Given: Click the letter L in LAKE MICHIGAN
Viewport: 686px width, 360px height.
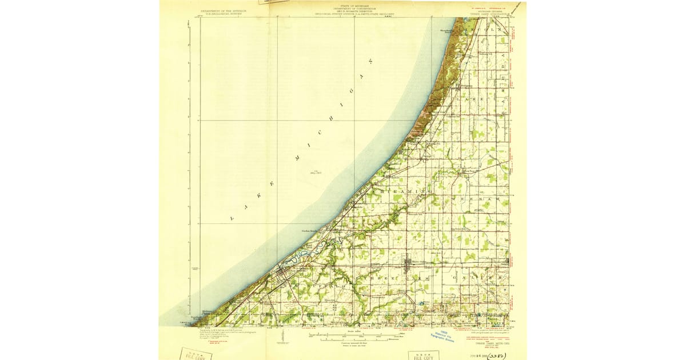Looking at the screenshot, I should pos(233,219).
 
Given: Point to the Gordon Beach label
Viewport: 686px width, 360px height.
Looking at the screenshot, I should pos(309,231).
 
